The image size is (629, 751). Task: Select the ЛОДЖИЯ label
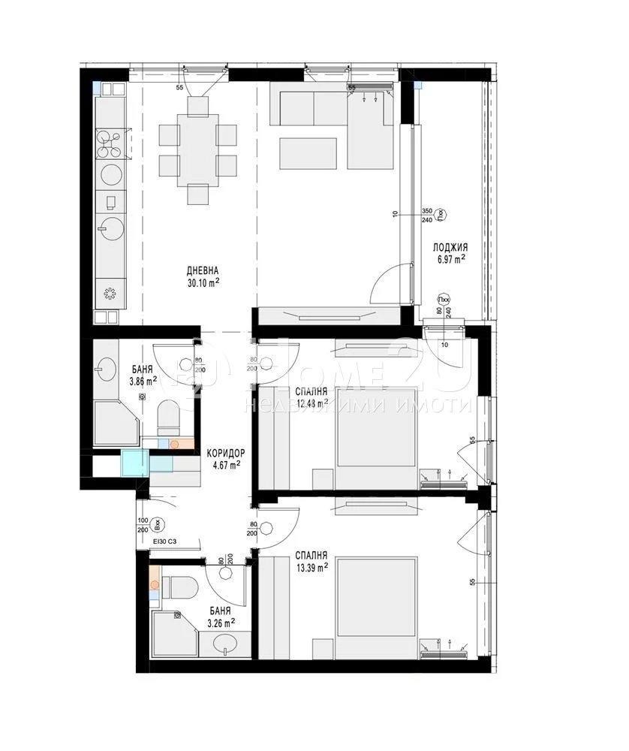click(x=450, y=247)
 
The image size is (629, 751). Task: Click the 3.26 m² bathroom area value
click(x=221, y=622)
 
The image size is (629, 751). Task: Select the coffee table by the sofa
click(x=308, y=153)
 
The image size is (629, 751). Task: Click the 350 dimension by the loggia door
click(x=427, y=212)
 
